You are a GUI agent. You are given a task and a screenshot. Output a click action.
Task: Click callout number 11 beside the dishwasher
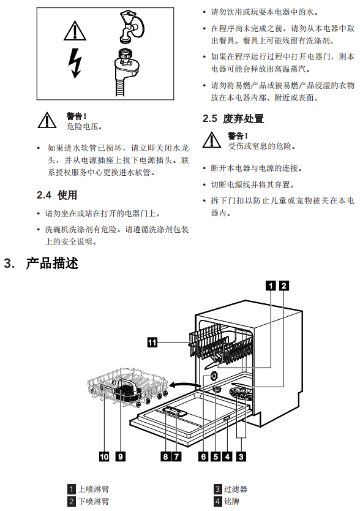click(152, 343)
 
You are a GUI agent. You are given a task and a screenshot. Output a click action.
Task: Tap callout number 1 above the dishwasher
click(271, 286)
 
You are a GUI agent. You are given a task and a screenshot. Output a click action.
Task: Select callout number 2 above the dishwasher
click(283, 286)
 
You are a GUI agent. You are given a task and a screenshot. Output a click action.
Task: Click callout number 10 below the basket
click(104, 456)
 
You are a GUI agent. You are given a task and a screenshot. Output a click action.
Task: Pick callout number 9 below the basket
click(121, 456)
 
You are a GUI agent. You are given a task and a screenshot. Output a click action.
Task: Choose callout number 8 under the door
click(165, 456)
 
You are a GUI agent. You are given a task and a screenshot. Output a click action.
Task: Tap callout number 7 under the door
click(176, 456)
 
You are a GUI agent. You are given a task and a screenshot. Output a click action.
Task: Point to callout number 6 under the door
click(203, 456)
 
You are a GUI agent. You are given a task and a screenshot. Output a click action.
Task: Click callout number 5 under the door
click(216, 456)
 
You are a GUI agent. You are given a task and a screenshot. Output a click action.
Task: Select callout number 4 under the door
click(227, 456)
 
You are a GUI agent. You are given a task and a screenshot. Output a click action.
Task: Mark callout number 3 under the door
click(241, 456)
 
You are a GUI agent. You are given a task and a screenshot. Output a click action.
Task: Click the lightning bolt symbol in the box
click(75, 63)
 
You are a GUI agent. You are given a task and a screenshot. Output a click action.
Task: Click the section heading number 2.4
click(44, 195)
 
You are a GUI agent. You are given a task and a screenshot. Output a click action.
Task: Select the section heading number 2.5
click(210, 119)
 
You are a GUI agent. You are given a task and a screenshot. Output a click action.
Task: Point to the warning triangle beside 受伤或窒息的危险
click(212, 140)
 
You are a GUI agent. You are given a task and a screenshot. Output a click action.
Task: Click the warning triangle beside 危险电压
click(47, 121)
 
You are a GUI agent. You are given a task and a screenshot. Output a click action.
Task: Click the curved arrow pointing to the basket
click(184, 385)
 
